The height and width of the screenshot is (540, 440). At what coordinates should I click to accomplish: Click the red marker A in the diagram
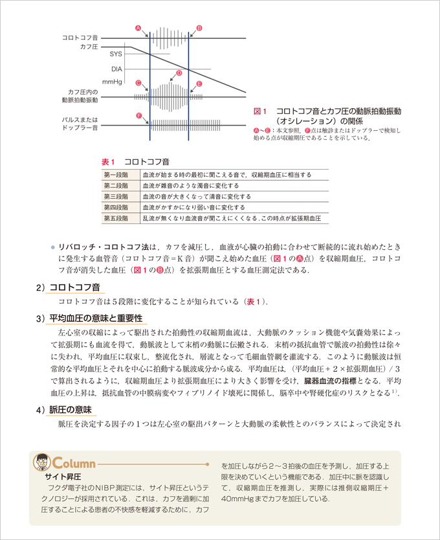tap(138, 28)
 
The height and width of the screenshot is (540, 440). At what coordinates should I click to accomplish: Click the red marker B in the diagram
tap(199, 28)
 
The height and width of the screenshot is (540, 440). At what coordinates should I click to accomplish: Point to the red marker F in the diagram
tap(139, 115)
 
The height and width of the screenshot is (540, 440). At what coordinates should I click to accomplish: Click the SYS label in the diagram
tap(116, 54)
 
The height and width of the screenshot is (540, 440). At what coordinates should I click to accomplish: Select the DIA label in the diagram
tap(116, 68)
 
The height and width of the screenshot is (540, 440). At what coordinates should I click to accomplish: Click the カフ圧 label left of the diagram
tap(89, 47)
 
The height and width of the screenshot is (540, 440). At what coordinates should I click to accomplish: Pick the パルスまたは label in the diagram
tap(80, 120)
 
